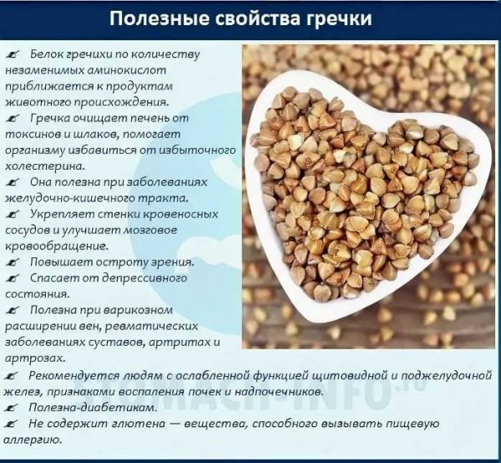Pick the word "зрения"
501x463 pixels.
click(x=149, y=262)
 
